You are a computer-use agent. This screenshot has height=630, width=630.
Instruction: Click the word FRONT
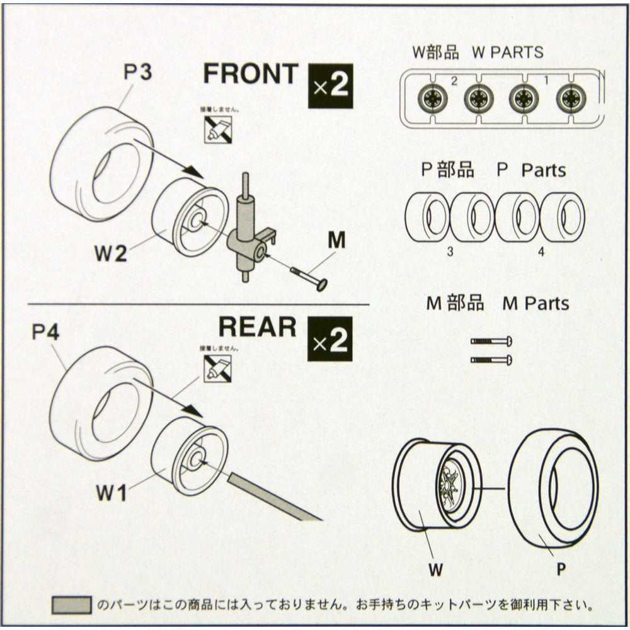pos(250,74)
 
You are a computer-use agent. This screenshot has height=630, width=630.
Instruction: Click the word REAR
pos(257,327)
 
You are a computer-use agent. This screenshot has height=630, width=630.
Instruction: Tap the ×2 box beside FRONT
pos(330,86)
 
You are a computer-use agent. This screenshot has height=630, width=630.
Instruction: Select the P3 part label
pos(137,72)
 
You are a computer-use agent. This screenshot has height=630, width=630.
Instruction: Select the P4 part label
pos(46,331)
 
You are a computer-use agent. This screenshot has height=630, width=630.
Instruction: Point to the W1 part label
pos(112,492)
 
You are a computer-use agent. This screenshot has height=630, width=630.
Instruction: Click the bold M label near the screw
pos(337,240)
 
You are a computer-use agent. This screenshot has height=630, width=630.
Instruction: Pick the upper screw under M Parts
pos(491,341)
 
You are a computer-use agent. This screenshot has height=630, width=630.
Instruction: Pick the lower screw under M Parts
pos(491,360)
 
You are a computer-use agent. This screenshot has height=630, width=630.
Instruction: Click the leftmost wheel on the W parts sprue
pos(433,98)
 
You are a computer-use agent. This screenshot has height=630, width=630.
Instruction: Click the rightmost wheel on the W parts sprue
pos(571,98)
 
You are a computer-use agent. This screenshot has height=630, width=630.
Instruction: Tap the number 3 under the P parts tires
pos(450,251)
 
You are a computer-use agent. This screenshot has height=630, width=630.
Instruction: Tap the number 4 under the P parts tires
pos(541,251)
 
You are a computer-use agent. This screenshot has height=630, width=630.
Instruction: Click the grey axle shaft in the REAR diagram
pos(274,498)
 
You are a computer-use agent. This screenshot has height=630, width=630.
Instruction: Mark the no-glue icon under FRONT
pos(217,129)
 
